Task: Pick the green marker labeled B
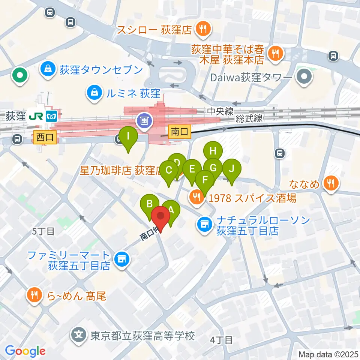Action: point(149,205)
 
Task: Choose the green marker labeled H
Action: point(213,152)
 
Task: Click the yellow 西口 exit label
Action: point(45,137)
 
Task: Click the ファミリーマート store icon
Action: point(121,259)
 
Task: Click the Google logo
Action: point(25,351)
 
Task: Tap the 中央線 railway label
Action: point(220,111)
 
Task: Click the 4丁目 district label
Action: point(221,340)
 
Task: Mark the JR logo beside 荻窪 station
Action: point(36,117)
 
